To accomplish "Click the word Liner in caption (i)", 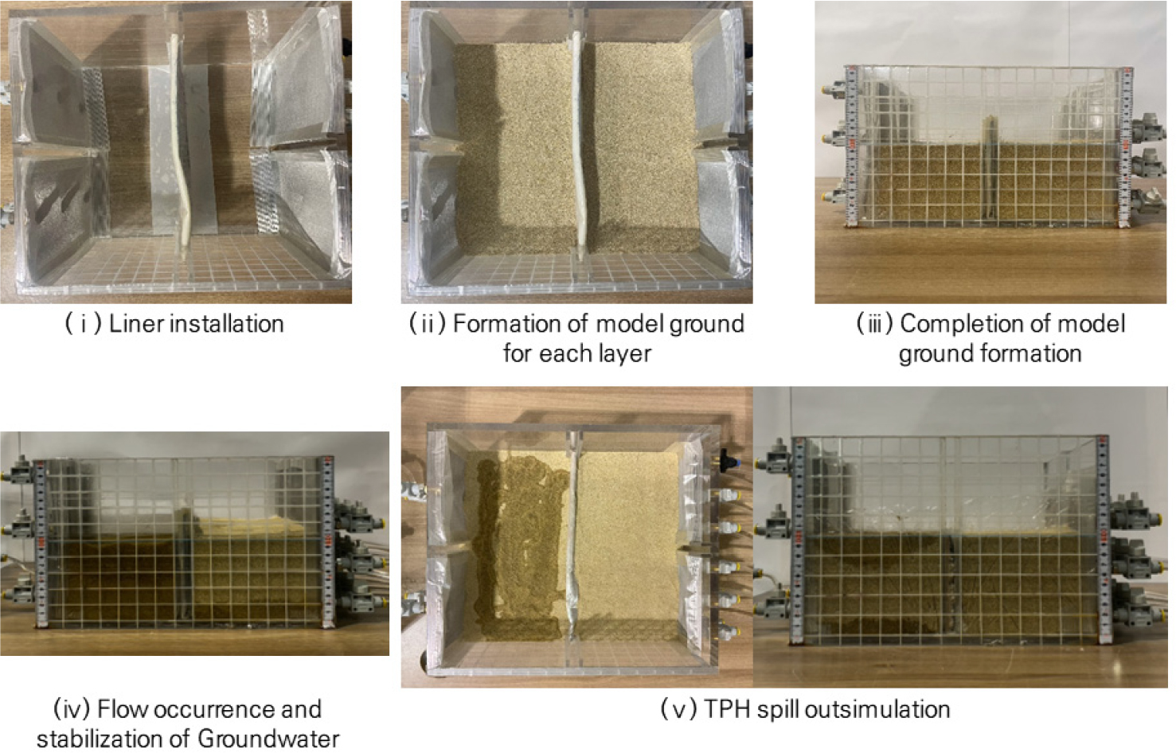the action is pos(135,324).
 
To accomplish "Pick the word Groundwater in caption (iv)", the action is pos(268,739).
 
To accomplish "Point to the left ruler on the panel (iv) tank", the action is pos(41,543).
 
